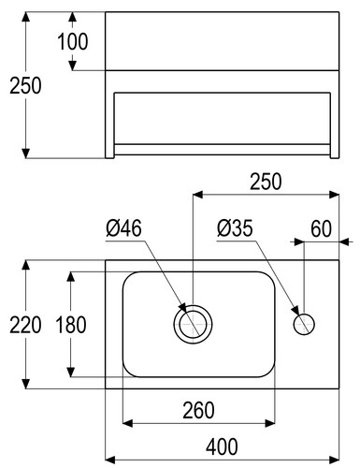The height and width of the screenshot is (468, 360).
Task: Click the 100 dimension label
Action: [x=73, y=41]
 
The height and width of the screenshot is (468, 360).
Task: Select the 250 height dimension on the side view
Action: [x=25, y=86]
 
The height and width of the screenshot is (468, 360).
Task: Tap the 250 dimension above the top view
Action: [x=266, y=182]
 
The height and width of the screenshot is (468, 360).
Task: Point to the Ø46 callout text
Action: [x=123, y=227]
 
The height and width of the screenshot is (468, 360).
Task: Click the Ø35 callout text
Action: [x=235, y=228]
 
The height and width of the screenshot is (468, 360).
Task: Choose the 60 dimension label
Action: [x=321, y=228]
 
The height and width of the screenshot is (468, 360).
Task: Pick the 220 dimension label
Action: [x=25, y=325]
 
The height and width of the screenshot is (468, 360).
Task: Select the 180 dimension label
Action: [x=71, y=325]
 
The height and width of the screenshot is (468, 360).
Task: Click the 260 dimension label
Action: [x=198, y=410]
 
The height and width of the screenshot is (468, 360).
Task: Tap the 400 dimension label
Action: [x=222, y=446]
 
